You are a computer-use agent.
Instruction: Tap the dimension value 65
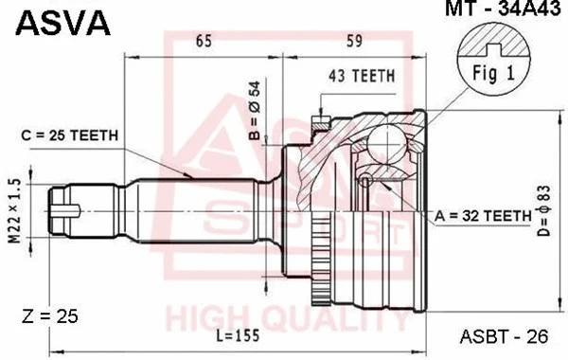point(203,41)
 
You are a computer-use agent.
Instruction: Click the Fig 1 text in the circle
point(488,72)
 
